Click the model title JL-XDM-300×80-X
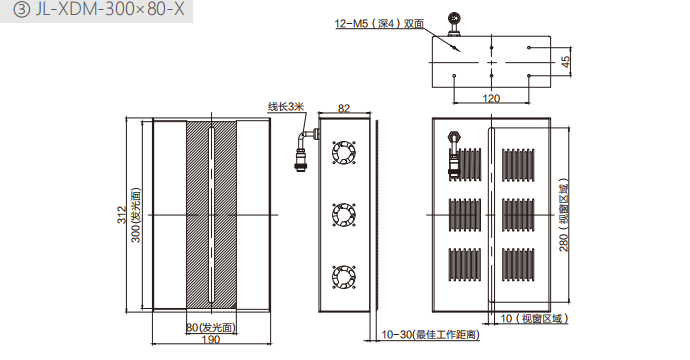(109, 9)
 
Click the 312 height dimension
(121, 215)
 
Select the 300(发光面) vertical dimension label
(136, 215)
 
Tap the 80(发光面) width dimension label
(211, 327)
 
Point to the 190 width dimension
(211, 339)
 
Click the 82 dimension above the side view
(344, 108)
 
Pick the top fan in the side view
(344, 153)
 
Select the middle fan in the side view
(344, 215)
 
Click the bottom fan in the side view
(344, 277)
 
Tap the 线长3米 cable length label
(286, 107)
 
